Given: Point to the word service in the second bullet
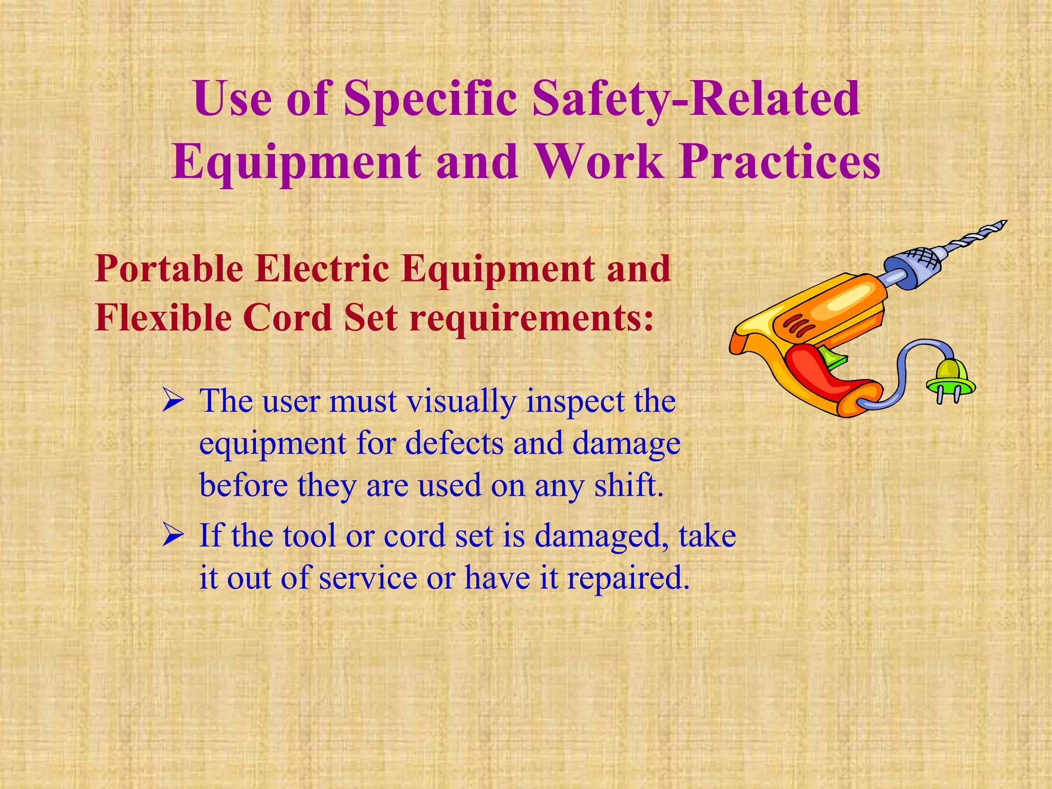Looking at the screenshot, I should (x=368, y=578).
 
